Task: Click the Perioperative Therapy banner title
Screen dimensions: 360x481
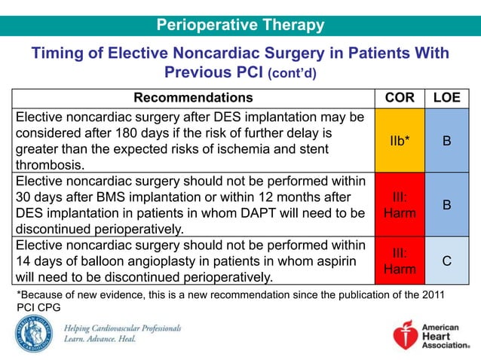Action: (240, 26)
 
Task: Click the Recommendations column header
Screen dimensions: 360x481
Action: (193, 98)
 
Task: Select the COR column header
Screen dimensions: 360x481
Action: (400, 98)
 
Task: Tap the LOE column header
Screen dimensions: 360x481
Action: (447, 98)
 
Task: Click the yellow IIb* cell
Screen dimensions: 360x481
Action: (400, 141)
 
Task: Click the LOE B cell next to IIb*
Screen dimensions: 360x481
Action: (447, 141)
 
